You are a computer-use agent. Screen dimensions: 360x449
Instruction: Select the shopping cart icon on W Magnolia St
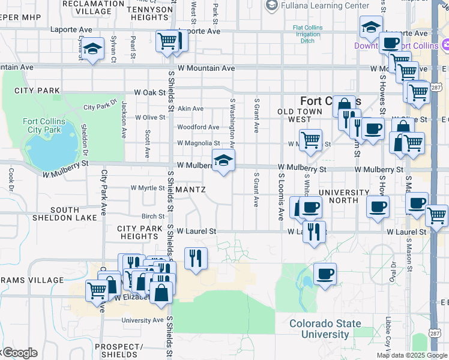[310, 140]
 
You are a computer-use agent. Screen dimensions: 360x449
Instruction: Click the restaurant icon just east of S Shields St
[196, 258]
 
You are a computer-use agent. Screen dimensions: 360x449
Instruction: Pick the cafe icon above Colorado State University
[325, 274]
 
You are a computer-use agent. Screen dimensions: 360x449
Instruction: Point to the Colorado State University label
[325, 329]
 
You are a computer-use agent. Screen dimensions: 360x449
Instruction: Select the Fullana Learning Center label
[325, 5]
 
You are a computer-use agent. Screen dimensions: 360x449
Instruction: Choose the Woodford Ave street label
[197, 127]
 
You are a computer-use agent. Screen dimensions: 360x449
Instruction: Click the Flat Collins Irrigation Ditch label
[307, 35]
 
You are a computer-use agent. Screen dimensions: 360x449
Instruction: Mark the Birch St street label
[153, 217]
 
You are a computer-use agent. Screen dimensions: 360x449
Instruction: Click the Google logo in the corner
[20, 353]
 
